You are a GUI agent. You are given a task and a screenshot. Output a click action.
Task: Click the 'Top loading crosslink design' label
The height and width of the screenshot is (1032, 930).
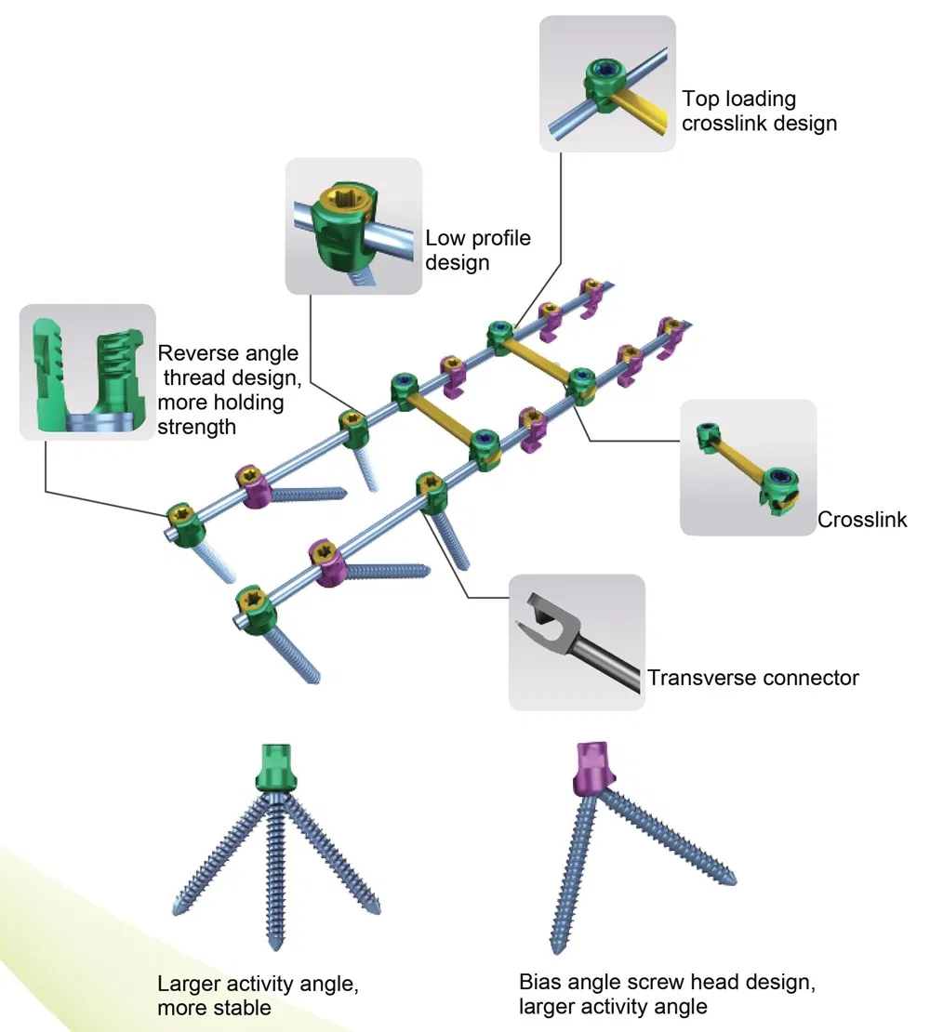[759, 110]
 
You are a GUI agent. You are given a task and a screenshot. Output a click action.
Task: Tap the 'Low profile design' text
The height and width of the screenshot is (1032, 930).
[477, 250]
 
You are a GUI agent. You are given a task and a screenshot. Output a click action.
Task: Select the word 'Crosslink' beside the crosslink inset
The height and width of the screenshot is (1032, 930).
[862, 520]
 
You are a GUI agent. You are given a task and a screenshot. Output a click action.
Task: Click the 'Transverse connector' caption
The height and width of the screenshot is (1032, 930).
[752, 677]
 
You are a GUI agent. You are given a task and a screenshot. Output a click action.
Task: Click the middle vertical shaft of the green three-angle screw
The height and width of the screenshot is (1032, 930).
[277, 874]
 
